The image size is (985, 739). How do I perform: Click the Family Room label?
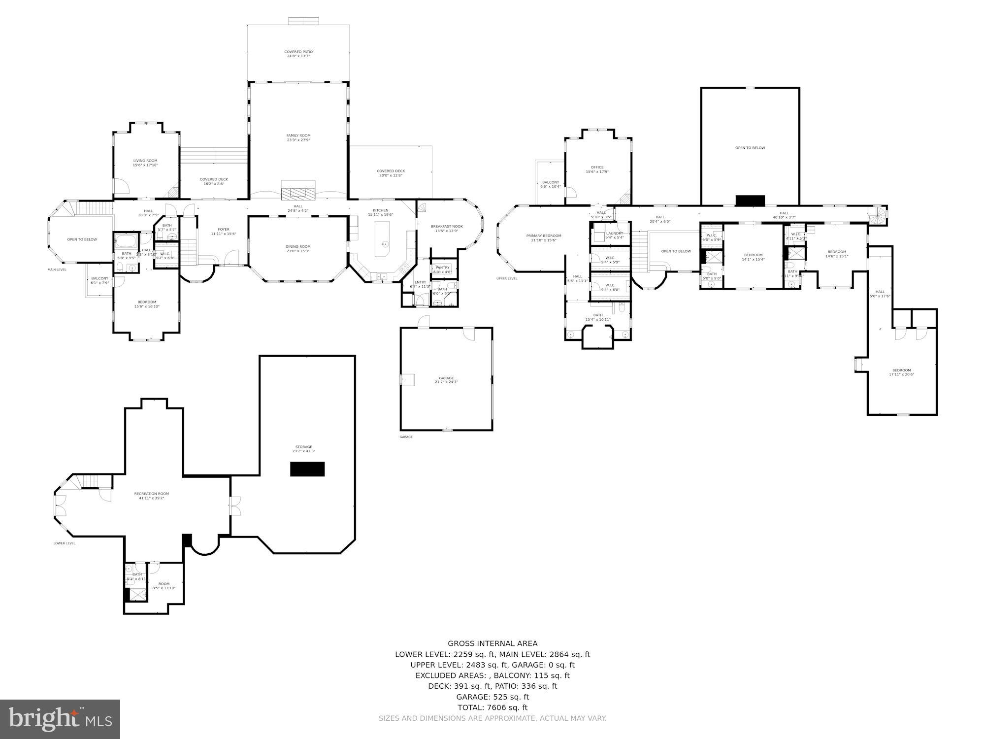[x=298, y=135]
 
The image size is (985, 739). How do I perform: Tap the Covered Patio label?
[x=298, y=52]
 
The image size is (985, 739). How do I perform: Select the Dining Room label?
[x=298, y=246]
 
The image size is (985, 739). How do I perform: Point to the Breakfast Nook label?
[x=447, y=227]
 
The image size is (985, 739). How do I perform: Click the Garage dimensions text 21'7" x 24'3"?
[x=446, y=382]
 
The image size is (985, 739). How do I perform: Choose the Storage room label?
[x=303, y=447]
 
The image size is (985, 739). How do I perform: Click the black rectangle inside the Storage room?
[x=307, y=469]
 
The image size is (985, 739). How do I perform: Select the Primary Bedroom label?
[x=543, y=236]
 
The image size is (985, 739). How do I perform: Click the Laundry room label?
[x=614, y=234]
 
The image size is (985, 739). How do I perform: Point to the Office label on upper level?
[x=597, y=168]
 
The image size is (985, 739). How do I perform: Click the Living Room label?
[x=145, y=161]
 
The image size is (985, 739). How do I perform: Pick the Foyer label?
[x=224, y=229]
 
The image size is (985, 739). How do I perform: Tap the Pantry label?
[x=442, y=268]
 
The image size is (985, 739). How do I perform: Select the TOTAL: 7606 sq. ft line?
[x=492, y=707]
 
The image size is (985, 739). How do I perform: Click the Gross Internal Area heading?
[x=492, y=643]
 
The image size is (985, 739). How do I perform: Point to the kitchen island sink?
[x=385, y=243]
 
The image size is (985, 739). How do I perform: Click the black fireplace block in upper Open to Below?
[x=750, y=201]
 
